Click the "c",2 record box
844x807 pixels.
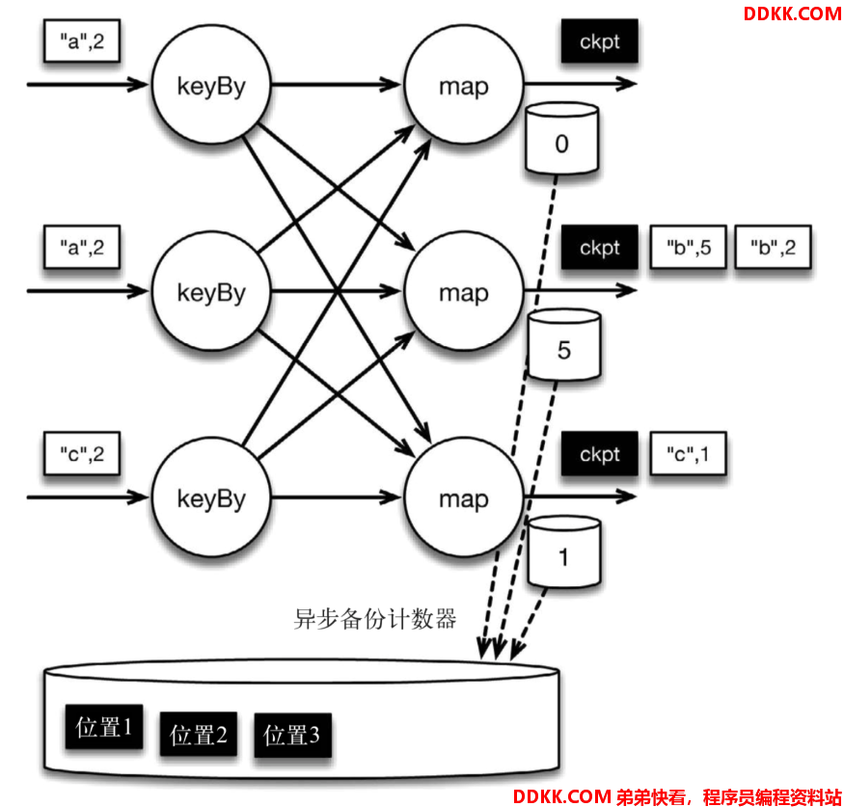(82, 453)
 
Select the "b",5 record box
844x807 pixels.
(689, 247)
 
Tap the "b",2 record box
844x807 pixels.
(773, 247)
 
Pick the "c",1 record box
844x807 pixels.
(689, 453)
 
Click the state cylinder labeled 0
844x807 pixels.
(561, 138)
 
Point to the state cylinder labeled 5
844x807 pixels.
(564, 345)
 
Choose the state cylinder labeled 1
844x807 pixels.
(564, 551)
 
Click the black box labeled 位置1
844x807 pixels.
(104, 726)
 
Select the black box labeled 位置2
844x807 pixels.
(199, 735)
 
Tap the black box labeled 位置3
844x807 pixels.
(292, 735)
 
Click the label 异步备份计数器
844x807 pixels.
(374, 619)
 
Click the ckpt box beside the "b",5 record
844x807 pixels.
(600, 247)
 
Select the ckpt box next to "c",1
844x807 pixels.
(600, 453)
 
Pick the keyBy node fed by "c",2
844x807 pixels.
(211, 498)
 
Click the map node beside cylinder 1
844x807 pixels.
(463, 498)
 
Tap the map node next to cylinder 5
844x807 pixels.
(463, 291)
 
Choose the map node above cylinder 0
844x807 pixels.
(463, 85)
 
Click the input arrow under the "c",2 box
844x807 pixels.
(87, 498)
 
